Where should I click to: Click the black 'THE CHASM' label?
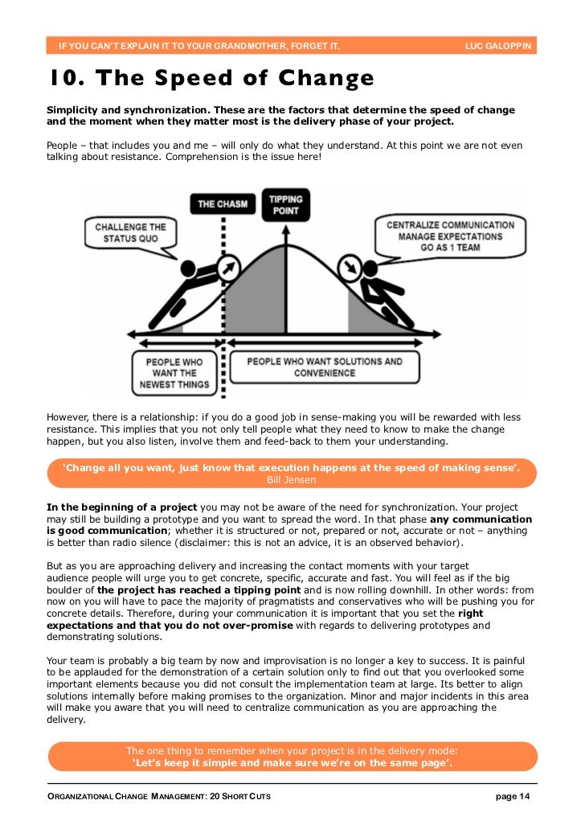(223, 203)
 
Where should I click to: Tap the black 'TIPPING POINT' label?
(285, 204)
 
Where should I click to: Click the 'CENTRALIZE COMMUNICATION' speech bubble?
(450, 236)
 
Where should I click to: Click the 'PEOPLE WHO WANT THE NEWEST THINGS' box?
(177, 373)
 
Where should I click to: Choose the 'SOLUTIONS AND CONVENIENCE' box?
(325, 367)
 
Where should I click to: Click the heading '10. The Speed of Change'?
(211, 79)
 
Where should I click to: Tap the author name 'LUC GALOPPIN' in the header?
(498, 45)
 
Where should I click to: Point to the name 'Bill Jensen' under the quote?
(292, 480)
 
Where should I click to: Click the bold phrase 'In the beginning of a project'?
(121, 507)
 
